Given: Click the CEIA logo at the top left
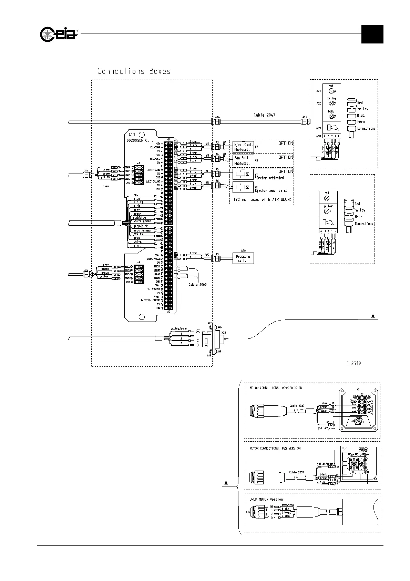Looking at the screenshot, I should click(x=59, y=34).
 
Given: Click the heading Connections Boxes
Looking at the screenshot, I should click(x=134, y=71).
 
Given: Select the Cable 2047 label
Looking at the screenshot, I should click(x=264, y=115).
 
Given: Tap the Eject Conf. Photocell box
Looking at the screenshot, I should click(x=243, y=147).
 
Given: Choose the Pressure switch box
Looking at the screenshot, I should click(x=243, y=258).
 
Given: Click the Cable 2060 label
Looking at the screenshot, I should click(x=197, y=285).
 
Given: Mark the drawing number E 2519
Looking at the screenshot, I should click(x=353, y=363).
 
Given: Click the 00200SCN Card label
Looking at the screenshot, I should click(x=140, y=140).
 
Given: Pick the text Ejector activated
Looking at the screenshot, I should click(x=269, y=178).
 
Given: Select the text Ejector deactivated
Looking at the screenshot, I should click(x=271, y=190).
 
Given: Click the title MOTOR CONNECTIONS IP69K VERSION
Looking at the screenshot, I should click(x=276, y=388).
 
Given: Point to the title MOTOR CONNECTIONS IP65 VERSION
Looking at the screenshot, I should click(x=275, y=449).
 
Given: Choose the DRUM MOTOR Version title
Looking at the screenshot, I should click(x=266, y=499).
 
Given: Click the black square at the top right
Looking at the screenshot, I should click(x=372, y=34).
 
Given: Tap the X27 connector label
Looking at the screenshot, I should click(x=224, y=333).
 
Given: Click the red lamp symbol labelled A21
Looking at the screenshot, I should click(x=331, y=91).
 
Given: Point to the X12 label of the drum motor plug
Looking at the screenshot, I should click(x=248, y=512).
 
